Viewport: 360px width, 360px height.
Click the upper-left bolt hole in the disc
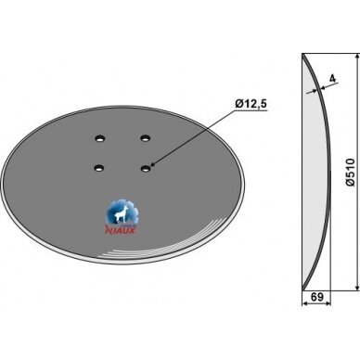[x=99, y=138]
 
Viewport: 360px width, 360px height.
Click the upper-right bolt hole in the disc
[x=145, y=138]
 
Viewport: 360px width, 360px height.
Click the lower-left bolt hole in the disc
[x=99, y=168]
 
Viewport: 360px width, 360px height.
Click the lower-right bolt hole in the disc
[x=146, y=168]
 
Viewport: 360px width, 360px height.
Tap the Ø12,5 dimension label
[x=251, y=105]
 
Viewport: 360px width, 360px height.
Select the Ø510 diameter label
[x=351, y=172]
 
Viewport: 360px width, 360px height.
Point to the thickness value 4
[x=332, y=79]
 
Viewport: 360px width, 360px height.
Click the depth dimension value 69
[x=316, y=297]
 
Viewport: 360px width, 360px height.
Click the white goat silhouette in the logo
[x=120, y=214]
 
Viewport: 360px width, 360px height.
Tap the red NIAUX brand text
[x=121, y=230]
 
